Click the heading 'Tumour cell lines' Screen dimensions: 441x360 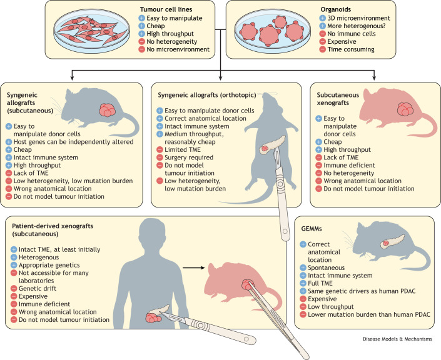pyautogui.click(x=166, y=9)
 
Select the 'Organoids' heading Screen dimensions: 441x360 pyautogui.click(x=336, y=9)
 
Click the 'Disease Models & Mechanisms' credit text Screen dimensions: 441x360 pyautogui.click(x=397, y=339)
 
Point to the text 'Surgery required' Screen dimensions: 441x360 pyautogui.click(x=189, y=157)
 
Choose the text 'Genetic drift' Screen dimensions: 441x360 pyautogui.click(x=38, y=288)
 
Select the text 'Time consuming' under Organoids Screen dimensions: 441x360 pyautogui.click(x=351, y=49)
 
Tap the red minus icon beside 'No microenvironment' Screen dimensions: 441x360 pyautogui.click(x=142, y=49)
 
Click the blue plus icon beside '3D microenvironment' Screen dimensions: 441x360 pyautogui.click(x=323, y=18)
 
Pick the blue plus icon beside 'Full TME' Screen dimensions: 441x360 pyautogui.click(x=303, y=283)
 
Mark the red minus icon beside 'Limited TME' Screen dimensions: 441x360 pyautogui.click(x=160, y=149)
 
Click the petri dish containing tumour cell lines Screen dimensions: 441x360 pyautogui.click(x=92, y=31)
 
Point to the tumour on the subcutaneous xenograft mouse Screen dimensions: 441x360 pyautogui.click(x=405, y=109)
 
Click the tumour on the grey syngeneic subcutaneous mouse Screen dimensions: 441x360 pyautogui.click(x=107, y=110)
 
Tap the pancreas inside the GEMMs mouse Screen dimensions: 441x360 pyautogui.click(x=393, y=242)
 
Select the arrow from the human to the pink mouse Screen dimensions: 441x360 pyautogui.click(x=194, y=268)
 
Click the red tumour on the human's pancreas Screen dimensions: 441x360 pyautogui.click(x=153, y=317)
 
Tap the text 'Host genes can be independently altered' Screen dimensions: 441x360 pyautogui.click(x=73, y=142)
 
